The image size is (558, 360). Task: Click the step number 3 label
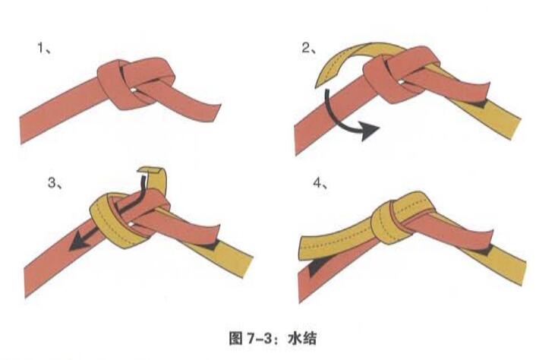click(53, 183)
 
